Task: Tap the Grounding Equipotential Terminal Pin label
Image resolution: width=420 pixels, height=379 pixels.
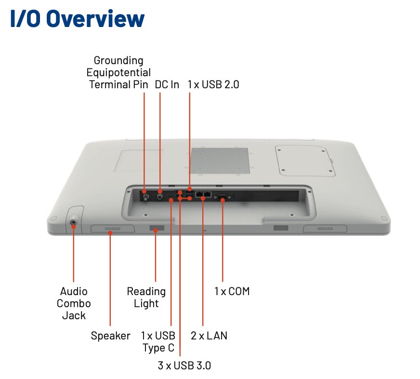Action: tap(118, 73)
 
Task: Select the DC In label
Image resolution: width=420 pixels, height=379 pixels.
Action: tap(167, 85)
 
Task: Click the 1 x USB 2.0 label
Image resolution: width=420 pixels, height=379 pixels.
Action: tap(213, 85)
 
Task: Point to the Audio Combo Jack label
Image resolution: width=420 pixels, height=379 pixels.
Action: tap(74, 303)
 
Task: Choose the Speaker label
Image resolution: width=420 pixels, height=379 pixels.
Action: tap(110, 336)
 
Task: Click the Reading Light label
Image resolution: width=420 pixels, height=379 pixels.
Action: tap(146, 298)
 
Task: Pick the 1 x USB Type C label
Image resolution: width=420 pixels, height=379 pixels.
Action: tap(158, 341)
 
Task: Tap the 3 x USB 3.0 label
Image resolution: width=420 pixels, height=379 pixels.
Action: tap(184, 365)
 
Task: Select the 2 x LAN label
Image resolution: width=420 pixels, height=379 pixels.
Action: tap(209, 336)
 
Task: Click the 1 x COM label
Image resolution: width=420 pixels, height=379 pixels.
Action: tap(232, 292)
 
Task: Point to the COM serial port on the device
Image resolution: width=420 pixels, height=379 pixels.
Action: tap(223, 196)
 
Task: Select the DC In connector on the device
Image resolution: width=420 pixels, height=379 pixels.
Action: tap(160, 195)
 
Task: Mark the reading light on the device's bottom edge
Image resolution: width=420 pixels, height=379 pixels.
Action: tap(156, 228)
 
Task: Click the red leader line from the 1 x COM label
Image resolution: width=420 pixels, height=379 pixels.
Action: tap(223, 241)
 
